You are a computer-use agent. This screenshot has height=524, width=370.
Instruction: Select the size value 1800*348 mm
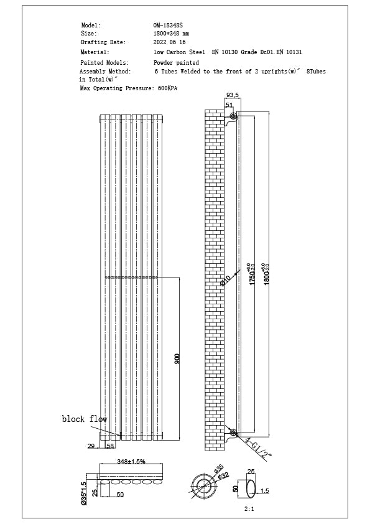tap(172, 32)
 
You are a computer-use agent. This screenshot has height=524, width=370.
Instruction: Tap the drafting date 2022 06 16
tap(170, 42)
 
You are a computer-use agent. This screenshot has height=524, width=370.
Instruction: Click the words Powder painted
tap(176, 63)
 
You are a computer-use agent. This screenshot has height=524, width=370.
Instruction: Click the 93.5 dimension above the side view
tap(233, 95)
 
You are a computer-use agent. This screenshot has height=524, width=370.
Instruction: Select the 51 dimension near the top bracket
tap(229, 106)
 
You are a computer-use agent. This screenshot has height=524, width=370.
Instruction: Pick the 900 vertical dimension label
tap(177, 358)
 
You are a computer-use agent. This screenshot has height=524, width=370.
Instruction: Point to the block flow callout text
tap(85, 419)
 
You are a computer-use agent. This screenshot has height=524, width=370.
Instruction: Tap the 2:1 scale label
tap(249, 510)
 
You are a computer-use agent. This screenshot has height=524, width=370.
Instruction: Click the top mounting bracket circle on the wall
tap(233, 117)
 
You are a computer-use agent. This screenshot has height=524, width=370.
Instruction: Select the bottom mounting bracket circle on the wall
tap(233, 433)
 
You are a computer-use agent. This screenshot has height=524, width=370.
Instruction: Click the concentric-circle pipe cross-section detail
tap(202, 485)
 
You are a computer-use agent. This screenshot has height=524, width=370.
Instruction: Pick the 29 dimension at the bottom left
tap(91, 446)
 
